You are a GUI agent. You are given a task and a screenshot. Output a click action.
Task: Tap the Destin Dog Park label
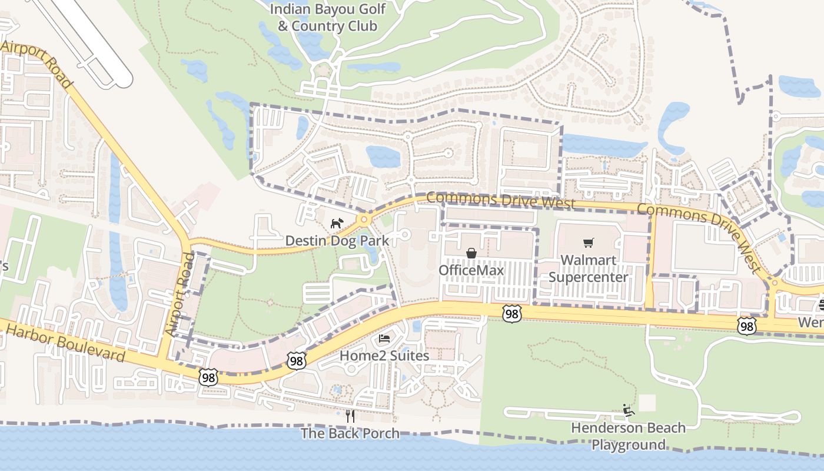[x=337, y=240]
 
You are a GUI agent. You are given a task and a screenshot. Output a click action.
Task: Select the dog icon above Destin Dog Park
[x=336, y=224]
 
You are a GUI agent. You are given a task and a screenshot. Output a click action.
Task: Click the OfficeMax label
[x=471, y=270]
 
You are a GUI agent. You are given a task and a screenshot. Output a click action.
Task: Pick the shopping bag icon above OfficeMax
[x=471, y=253]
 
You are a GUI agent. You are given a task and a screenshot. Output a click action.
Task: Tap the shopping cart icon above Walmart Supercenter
[x=588, y=243]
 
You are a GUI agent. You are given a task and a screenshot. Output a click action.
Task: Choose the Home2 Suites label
[x=384, y=356]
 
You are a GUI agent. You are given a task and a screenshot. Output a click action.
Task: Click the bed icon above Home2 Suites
[x=384, y=339]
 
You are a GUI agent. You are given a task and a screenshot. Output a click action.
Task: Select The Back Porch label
[x=350, y=434]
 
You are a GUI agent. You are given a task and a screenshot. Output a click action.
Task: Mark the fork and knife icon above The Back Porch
[x=350, y=416]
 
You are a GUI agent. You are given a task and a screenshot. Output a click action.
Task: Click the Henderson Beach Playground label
[x=629, y=436]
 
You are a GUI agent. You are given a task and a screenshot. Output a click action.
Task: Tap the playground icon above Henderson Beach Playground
[x=629, y=410]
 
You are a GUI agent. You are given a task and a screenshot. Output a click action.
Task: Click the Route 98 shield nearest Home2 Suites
[x=297, y=360]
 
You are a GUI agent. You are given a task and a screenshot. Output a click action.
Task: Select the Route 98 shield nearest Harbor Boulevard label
[x=208, y=377]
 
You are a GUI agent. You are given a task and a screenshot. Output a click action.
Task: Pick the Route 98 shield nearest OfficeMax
[x=512, y=314]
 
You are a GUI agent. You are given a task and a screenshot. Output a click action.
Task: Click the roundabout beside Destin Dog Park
[x=365, y=220]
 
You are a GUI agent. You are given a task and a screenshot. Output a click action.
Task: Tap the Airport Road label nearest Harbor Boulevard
[x=180, y=294]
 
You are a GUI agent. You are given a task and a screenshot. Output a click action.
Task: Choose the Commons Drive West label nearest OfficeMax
[x=501, y=200]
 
